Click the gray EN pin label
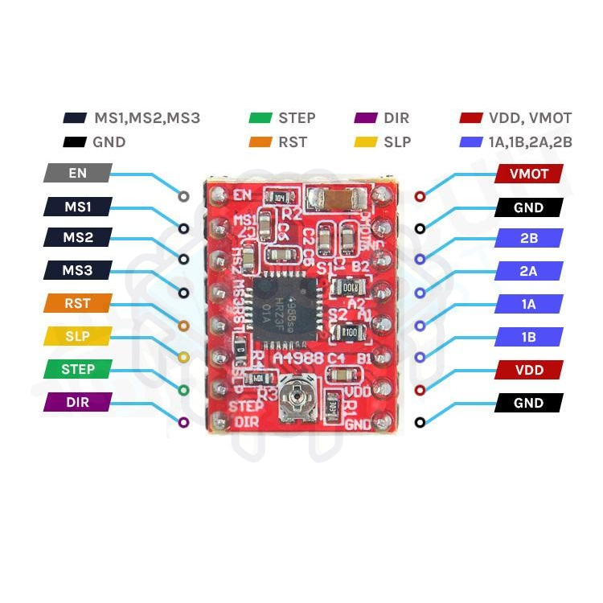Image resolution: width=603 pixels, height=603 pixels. pyautogui.click(x=78, y=173)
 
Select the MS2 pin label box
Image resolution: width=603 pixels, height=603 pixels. pyautogui.click(x=78, y=239)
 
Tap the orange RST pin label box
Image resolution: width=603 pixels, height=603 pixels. pyautogui.click(x=78, y=304)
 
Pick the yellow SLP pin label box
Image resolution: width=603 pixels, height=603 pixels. pyautogui.click(x=78, y=336)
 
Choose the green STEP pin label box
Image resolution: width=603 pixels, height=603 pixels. pyautogui.click(x=78, y=370)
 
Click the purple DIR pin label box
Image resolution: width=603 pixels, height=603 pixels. pyautogui.click(x=78, y=402)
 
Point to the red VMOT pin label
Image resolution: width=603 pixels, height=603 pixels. pyautogui.click(x=528, y=173)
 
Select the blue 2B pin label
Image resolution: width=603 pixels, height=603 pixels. pyautogui.click(x=528, y=238)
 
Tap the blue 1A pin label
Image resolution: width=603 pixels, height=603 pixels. pyautogui.click(x=528, y=304)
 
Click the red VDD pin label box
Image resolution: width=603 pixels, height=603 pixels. pyautogui.click(x=528, y=370)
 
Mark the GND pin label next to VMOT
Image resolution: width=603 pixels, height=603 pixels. pyautogui.click(x=528, y=207)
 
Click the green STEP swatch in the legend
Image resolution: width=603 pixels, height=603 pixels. pyautogui.click(x=260, y=118)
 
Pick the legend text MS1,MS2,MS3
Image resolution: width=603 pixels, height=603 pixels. pyautogui.click(x=147, y=118)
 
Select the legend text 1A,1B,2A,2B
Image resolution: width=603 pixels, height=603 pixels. pyautogui.click(x=530, y=142)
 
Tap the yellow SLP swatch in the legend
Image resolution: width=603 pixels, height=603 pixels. pyautogui.click(x=365, y=142)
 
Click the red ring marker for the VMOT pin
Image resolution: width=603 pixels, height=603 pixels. pyautogui.click(x=420, y=196)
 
